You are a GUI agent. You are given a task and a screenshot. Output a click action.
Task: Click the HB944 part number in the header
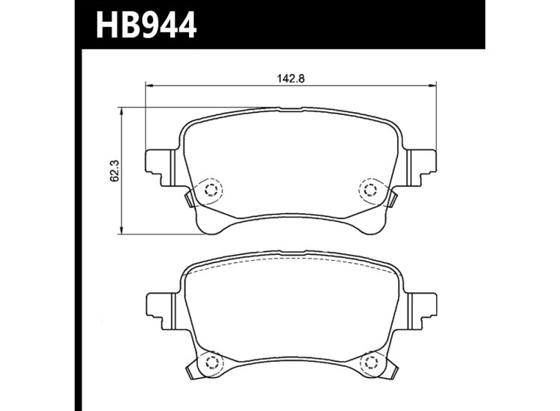145,25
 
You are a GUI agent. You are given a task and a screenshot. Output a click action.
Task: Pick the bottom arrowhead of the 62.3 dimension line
122,232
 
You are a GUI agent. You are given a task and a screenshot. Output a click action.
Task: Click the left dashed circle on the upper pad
210,190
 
